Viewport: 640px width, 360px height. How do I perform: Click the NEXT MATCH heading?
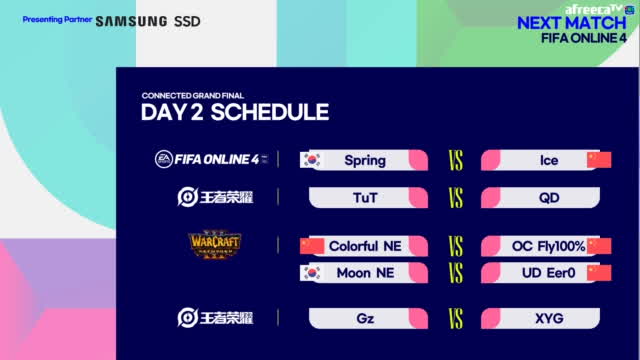coord(575,23)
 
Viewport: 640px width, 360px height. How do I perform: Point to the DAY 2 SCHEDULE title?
coord(235,111)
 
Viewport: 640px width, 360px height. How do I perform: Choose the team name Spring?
coord(364,160)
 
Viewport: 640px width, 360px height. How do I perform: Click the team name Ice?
coord(548,160)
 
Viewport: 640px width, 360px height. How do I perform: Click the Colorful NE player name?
coord(367,246)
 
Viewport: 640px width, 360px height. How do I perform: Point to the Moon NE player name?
coord(366,272)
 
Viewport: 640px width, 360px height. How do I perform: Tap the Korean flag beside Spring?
coord(311,160)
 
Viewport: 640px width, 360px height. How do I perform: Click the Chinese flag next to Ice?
coord(598,160)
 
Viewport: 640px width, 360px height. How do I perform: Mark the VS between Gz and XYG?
coord(455,319)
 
